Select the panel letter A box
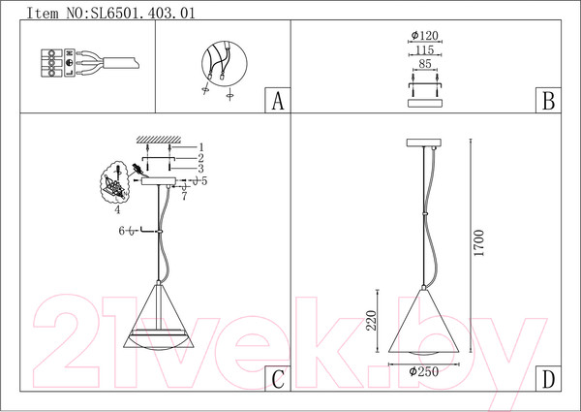point(277,101)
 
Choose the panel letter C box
point(277,379)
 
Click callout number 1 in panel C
point(200,145)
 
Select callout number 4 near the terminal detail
point(117,206)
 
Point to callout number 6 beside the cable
point(122,230)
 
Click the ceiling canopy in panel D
point(422,144)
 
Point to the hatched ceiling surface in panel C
point(155,139)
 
